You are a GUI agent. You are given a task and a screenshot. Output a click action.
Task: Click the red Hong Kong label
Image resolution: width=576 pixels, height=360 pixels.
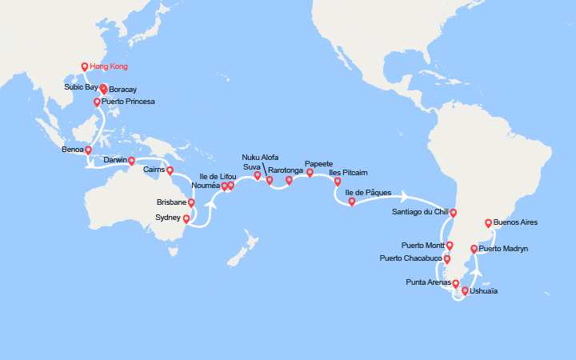point(110,66)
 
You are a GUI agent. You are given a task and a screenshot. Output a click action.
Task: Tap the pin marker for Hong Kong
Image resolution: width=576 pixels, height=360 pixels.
point(85,67)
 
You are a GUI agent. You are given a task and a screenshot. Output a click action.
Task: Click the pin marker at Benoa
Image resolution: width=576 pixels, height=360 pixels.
point(88,150)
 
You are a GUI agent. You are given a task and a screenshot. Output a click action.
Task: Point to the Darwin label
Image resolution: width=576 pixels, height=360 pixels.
point(116,160)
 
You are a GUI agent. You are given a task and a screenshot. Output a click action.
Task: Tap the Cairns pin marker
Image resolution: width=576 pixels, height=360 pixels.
point(170,170)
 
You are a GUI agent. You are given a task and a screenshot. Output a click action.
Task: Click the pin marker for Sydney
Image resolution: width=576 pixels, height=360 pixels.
point(186,218)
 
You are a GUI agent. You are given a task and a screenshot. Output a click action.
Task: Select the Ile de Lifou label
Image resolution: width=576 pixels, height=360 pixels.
point(218,176)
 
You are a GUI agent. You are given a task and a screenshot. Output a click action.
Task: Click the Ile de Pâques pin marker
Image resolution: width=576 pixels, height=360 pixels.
point(352,202)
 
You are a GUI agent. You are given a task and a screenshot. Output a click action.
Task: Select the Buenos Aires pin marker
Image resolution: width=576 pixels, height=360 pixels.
point(488,223)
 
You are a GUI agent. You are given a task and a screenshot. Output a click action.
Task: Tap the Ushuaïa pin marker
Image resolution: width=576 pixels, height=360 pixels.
point(465,291)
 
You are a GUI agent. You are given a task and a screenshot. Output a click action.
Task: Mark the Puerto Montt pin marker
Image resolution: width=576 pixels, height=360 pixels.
point(450,246)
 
